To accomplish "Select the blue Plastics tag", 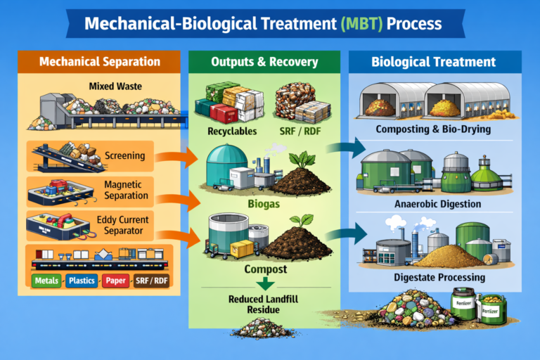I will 83,281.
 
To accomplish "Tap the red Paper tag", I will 117,281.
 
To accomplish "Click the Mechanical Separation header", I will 99,62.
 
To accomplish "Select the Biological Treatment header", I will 434,62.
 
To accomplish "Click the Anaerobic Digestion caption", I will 439,204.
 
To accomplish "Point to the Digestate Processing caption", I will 439,277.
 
